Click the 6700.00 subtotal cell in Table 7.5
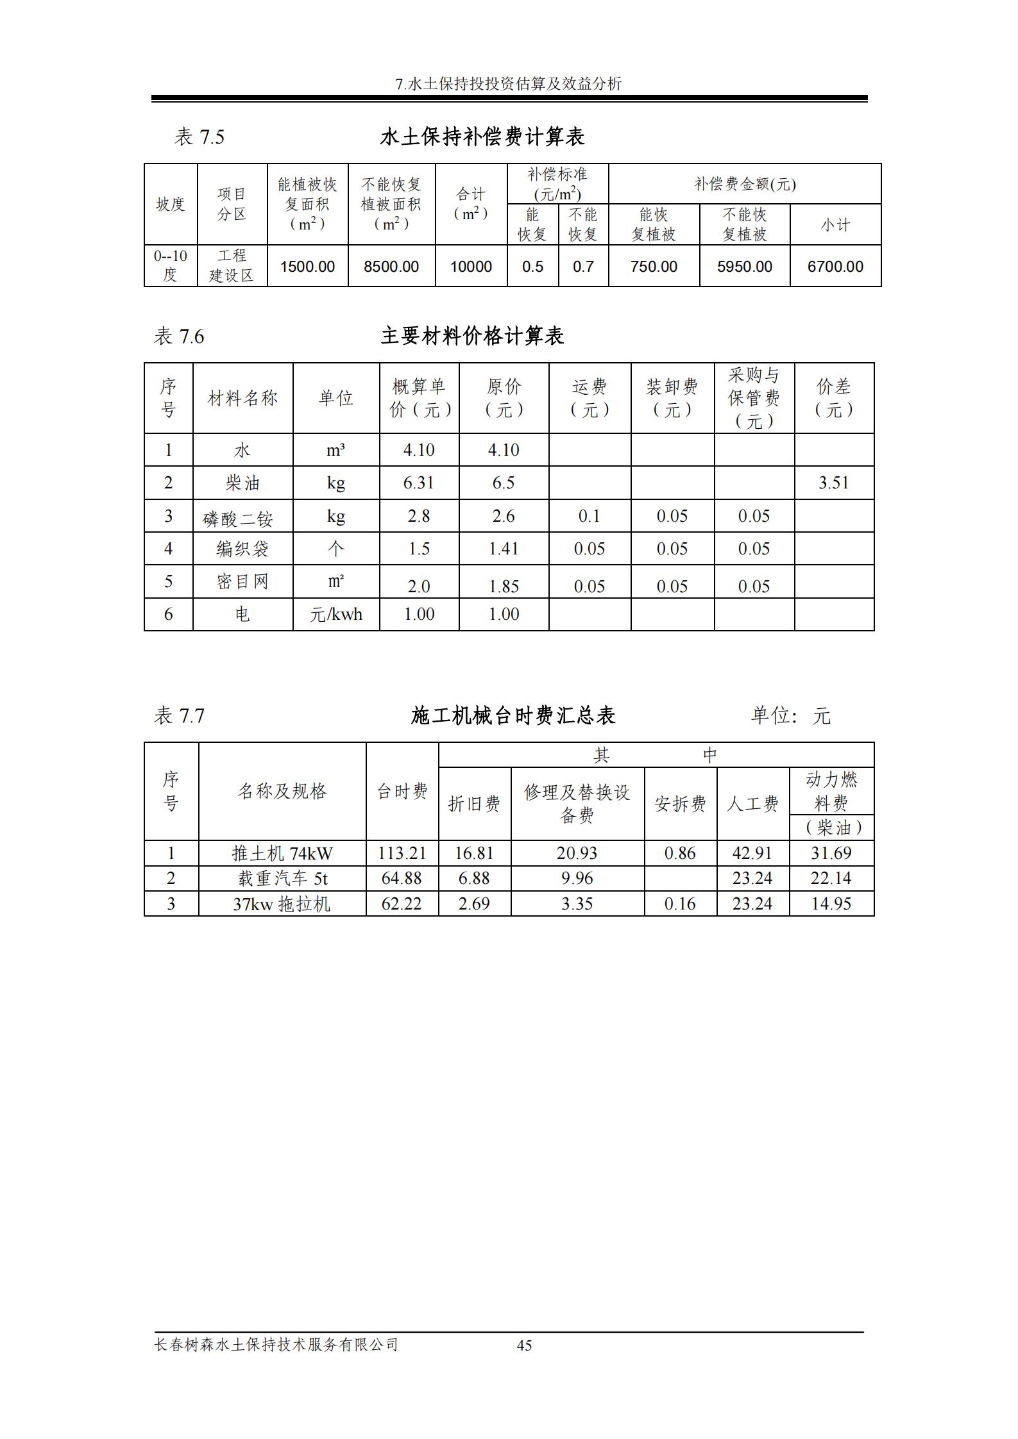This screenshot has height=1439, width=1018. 835,267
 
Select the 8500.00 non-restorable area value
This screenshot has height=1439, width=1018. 391,267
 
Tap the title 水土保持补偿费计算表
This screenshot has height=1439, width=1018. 482,137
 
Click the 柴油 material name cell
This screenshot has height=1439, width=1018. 242,483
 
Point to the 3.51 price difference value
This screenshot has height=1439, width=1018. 833,483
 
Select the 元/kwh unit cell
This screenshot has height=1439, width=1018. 335,614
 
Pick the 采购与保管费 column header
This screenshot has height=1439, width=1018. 754,398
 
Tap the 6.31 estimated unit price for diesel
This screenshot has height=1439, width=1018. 418,483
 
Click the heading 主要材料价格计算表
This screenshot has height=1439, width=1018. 472,336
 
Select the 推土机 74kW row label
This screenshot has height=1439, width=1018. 282,853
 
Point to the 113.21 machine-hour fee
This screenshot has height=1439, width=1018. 402,853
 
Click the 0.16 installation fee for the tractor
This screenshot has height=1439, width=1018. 680,904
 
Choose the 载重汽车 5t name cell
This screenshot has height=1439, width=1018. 282,878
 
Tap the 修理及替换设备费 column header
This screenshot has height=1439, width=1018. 577,804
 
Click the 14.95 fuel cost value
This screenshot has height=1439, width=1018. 831,904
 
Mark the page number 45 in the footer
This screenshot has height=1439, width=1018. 524,1345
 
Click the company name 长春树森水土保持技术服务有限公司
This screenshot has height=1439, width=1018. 276,1344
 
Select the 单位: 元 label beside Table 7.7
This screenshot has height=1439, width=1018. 790,715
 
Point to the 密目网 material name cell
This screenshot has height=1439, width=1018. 242,581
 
